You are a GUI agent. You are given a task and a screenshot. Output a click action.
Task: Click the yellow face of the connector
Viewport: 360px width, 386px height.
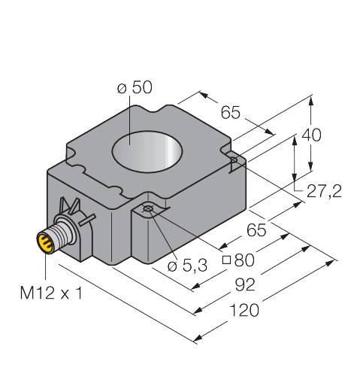click(44, 242)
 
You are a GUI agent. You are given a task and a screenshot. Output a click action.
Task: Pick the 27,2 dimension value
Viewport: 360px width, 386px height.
click(324, 192)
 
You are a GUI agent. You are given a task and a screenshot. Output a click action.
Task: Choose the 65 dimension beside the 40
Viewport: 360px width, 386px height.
click(230, 113)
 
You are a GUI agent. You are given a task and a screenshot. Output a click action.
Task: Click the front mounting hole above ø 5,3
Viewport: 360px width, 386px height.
click(150, 208)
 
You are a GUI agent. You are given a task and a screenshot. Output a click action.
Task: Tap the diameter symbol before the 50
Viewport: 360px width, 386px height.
click(123, 89)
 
